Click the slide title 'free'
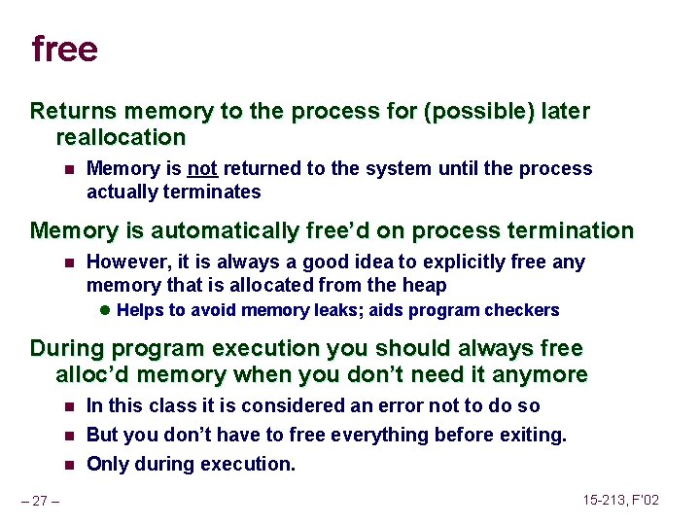64,49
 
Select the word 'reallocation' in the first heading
121,137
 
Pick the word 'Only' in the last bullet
108,464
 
